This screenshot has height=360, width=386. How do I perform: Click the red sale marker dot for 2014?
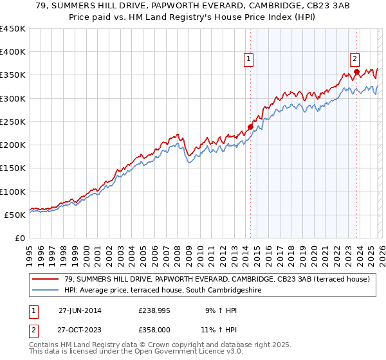click(x=250, y=127)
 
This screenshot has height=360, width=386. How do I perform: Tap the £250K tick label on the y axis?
click(x=13, y=122)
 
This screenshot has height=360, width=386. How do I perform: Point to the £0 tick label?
click(x=20, y=238)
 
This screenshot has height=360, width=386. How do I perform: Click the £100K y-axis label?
click(x=13, y=192)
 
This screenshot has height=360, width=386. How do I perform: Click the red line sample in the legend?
click(x=46, y=279)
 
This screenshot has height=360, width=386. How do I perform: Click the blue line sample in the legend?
click(x=46, y=291)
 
